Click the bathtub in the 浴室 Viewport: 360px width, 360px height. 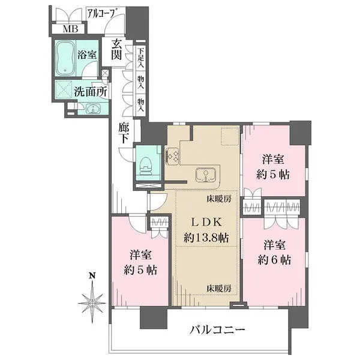[x=65, y=58]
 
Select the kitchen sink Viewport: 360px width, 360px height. [x=205, y=175]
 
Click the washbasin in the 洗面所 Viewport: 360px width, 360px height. [x=93, y=109]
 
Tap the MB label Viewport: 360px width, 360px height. [x=70, y=29]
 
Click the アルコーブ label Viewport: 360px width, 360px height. [x=102, y=13]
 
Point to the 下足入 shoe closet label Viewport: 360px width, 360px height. [x=141, y=58]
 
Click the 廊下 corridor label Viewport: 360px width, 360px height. [x=124, y=133]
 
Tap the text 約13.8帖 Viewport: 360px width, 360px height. [x=206, y=238]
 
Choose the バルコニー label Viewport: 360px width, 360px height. [x=217, y=330]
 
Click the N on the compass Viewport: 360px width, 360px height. [x=92, y=275]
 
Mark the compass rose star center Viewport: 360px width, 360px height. [x=92, y=303]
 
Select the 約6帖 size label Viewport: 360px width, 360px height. [x=274, y=260]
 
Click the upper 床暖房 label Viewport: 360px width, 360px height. [x=218, y=199]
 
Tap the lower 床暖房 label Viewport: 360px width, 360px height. [x=218, y=289]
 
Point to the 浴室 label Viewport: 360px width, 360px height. [x=86, y=55]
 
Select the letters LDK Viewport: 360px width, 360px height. [x=206, y=222]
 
